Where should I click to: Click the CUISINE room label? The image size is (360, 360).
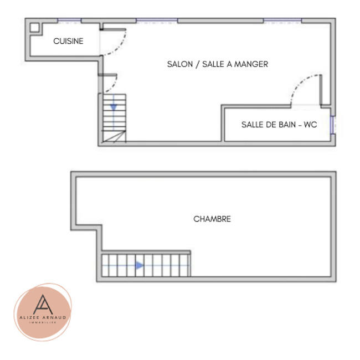pos(68,41)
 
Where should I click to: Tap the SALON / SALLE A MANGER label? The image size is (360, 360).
pos(217,64)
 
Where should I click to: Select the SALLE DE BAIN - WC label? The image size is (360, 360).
pos(279,125)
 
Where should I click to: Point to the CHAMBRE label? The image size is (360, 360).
pos(212,219)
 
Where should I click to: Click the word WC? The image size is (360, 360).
pos(310,125)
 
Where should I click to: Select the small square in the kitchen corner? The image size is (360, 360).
pos(34,27)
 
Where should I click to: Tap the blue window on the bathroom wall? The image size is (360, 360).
pos(332,125)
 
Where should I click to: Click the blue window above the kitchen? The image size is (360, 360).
pos(69,21)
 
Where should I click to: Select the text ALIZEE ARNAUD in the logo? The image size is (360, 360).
pos(43,317)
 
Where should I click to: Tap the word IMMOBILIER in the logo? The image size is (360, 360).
pos(43,323)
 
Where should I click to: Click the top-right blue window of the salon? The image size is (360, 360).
pos(282,21)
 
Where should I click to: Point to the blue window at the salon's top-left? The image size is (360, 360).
pos(157,21)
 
